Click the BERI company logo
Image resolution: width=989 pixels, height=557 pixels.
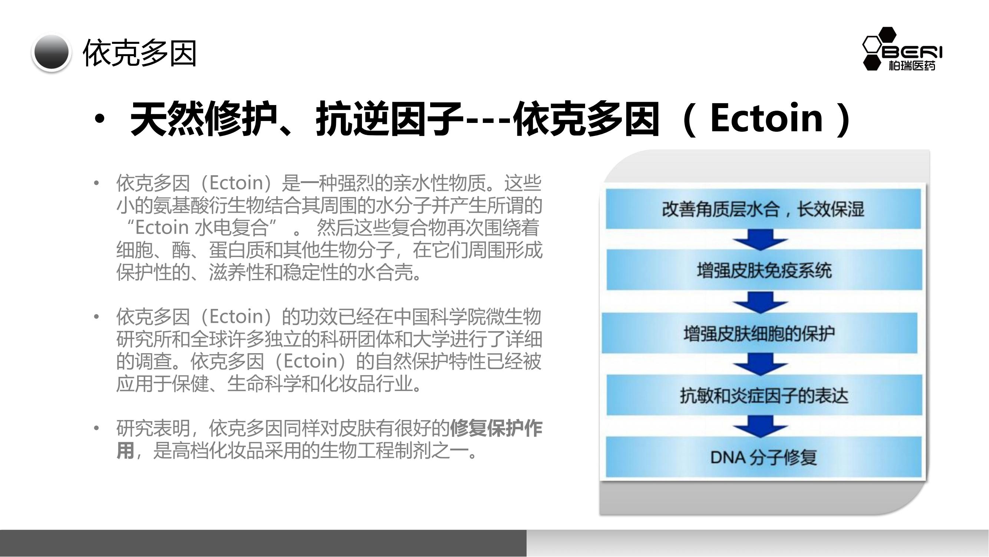[902, 49]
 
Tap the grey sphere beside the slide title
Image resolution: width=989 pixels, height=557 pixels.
[52, 52]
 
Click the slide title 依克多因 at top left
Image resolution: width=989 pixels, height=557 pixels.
[140, 53]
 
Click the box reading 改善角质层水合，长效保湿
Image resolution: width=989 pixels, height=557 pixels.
[763, 209]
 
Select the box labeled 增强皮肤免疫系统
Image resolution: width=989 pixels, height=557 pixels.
[764, 270]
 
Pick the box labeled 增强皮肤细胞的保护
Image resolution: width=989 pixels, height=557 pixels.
[759, 333]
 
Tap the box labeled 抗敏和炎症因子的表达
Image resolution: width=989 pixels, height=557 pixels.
[764, 395]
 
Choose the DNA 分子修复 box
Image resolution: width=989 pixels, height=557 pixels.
[763, 457]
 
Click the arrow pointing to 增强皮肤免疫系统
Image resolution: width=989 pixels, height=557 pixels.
[760, 240]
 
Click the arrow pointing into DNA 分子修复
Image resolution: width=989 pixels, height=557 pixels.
[760, 426]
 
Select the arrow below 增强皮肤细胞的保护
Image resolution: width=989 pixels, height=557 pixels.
[760, 364]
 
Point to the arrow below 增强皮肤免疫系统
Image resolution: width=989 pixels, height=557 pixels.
[760, 302]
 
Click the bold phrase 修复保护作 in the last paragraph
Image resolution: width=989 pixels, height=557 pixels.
[496, 428]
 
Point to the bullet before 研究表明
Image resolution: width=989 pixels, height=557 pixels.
[96, 428]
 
